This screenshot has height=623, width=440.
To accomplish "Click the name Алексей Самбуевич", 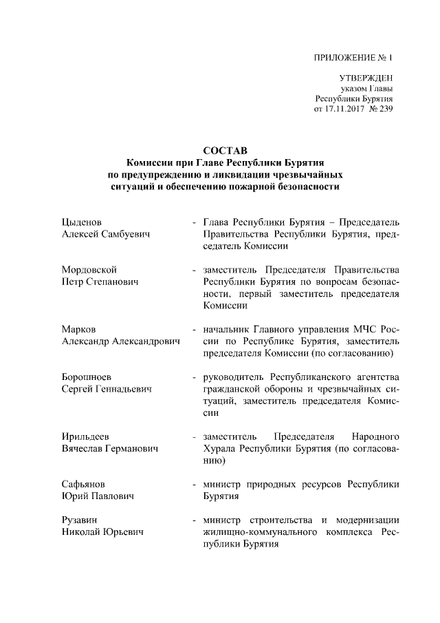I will (x=107, y=235).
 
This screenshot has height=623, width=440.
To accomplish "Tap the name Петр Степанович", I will (x=101, y=282).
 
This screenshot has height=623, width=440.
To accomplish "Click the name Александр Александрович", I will (x=121, y=341).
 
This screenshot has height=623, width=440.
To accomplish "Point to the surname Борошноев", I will (x=87, y=377).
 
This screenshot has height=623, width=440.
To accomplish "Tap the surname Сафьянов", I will (x=84, y=484).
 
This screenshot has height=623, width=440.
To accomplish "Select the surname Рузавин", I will (x=80, y=520).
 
